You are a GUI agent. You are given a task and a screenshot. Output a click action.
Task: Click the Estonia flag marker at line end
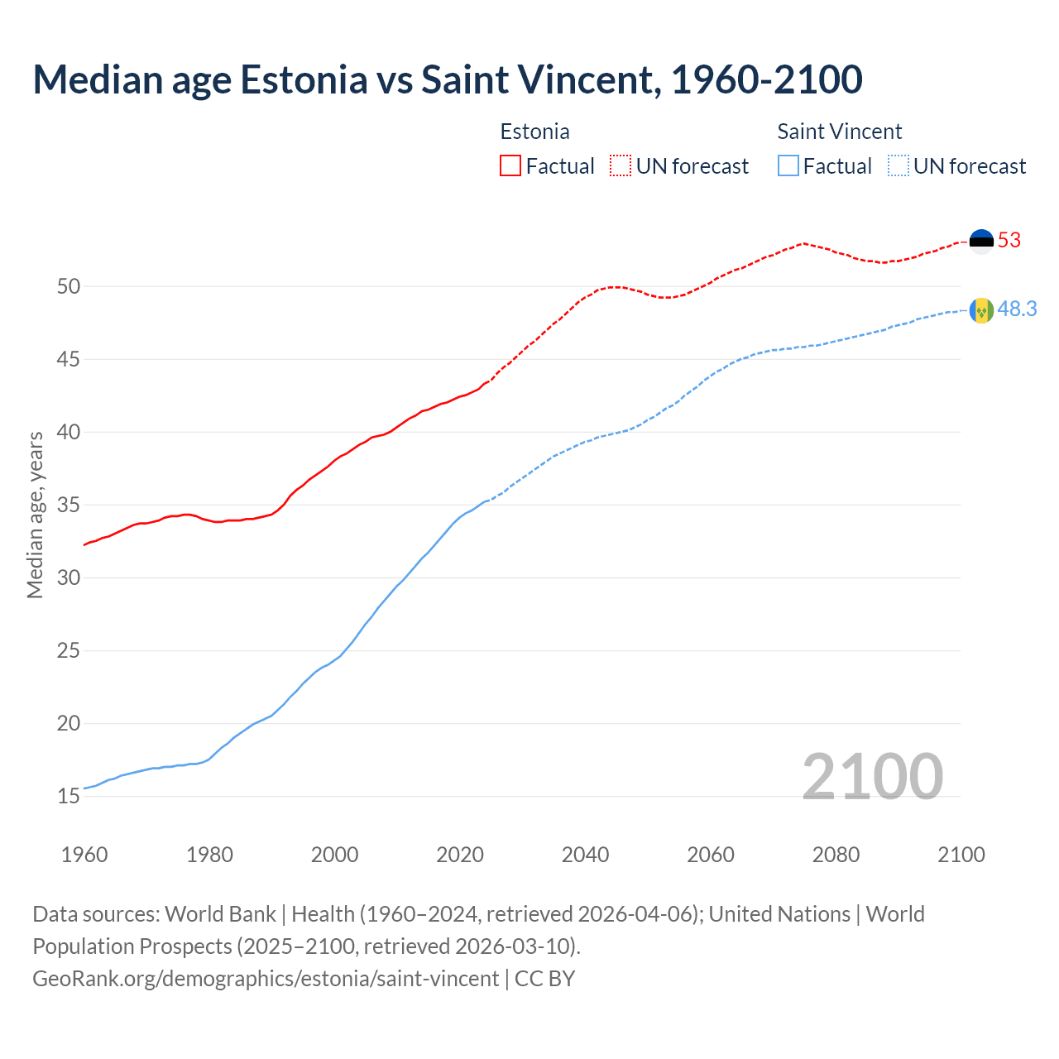coord(981,241)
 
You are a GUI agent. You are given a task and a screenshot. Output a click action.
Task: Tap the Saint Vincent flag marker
coord(981,310)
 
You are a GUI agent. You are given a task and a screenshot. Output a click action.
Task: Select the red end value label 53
coord(1009,241)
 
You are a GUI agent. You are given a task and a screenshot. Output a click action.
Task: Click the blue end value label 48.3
coord(1017,309)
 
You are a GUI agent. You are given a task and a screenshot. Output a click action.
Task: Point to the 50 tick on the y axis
coord(69,287)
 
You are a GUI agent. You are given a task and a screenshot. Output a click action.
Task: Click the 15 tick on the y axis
coord(69,797)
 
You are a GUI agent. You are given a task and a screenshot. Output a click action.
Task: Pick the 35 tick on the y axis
coord(69,506)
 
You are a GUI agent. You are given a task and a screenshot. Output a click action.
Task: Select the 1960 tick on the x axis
coord(84,855)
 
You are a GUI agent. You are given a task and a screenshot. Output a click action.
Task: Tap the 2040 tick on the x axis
coord(585,855)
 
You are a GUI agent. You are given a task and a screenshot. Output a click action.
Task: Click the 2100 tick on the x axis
coord(961,855)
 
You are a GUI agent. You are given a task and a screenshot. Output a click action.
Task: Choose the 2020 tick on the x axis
coord(460,855)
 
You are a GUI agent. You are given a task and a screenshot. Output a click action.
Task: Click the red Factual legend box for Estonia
coord(510,166)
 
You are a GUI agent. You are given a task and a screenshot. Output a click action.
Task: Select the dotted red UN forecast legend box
coord(621,166)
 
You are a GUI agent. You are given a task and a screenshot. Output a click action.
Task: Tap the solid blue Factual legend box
coord(788,166)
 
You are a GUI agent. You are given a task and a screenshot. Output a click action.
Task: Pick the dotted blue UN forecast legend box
coord(898,166)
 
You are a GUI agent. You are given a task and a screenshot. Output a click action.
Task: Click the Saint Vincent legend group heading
coord(839,132)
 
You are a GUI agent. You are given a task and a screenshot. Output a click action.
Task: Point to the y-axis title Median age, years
coord(35,515)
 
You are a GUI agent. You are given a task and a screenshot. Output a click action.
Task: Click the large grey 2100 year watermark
coord(872,777)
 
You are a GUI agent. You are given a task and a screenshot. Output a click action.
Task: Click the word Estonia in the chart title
coord(304,79)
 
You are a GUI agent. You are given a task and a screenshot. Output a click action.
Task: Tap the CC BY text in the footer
coord(544,979)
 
